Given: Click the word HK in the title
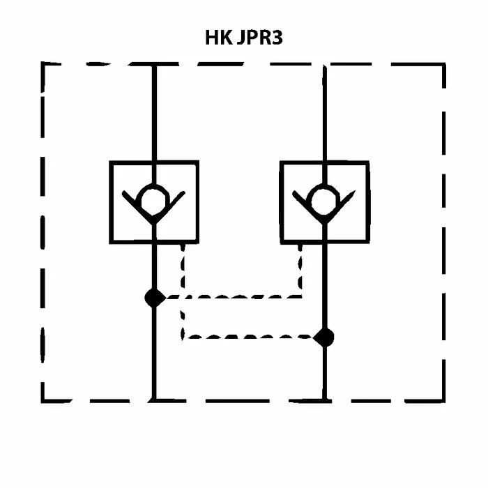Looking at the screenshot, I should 218,37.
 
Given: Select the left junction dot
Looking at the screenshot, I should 154,298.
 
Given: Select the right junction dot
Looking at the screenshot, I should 323,337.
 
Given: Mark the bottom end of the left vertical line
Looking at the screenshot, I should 154,400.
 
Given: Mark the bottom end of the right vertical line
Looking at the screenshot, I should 324,400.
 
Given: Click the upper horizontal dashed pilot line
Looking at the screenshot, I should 237,297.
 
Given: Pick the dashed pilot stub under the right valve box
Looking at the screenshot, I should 301,268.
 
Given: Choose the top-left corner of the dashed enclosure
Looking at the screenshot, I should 43,65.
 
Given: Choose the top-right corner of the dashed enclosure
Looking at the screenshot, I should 444,65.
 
